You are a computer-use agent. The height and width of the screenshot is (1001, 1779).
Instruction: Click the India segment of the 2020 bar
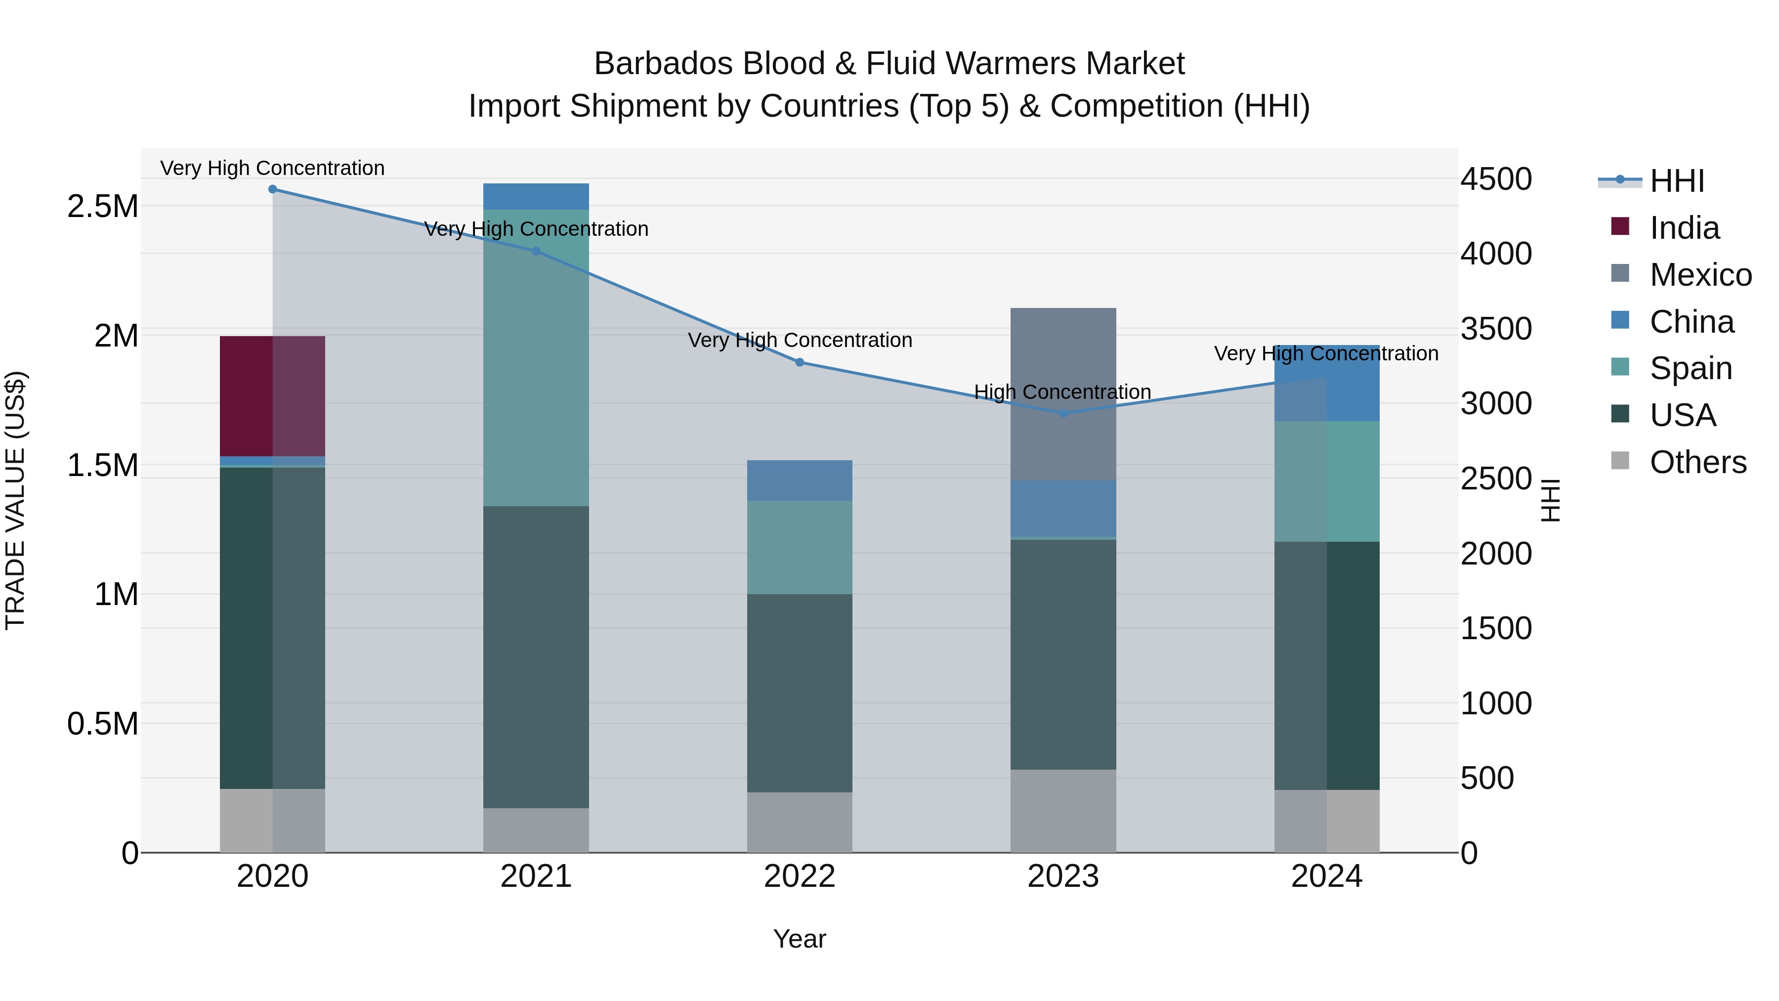click(x=272, y=396)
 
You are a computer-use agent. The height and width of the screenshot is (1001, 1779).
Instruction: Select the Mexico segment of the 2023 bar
click(x=1063, y=394)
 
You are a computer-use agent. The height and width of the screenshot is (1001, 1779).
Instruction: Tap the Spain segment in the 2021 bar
click(x=536, y=357)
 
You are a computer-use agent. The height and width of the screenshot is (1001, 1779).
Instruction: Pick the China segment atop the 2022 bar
click(x=799, y=480)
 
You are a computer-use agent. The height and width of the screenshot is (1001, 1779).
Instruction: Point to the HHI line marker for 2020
click(x=272, y=189)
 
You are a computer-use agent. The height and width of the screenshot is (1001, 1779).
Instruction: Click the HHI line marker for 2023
click(x=1063, y=414)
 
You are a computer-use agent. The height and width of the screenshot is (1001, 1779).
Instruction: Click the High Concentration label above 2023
click(x=1062, y=392)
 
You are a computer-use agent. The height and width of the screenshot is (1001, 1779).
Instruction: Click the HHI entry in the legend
click(x=1676, y=181)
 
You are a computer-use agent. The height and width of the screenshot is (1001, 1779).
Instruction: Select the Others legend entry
click(x=1697, y=462)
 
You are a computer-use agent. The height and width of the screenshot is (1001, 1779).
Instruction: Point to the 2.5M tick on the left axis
click(x=103, y=206)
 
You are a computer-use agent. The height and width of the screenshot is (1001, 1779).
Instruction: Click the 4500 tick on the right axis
click(x=1496, y=179)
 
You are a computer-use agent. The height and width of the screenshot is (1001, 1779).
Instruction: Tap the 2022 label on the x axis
click(x=799, y=876)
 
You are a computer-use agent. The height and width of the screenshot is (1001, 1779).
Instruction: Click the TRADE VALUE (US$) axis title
click(x=15, y=500)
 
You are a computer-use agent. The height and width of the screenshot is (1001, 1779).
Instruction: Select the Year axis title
click(x=799, y=939)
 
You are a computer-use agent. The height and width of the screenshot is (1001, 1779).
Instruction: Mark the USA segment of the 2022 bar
click(x=799, y=693)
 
